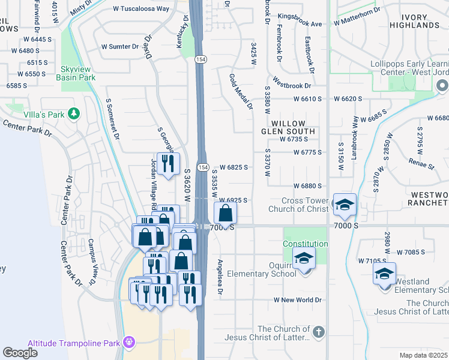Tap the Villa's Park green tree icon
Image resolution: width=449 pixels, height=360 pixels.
click(x=74, y=113)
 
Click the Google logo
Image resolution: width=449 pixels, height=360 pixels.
click(x=20, y=353)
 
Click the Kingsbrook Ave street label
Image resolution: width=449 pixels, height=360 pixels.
click(x=300, y=24)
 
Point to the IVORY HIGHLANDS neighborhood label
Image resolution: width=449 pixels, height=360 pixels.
click(x=423, y=20)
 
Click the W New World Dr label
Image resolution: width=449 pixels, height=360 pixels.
click(x=298, y=299)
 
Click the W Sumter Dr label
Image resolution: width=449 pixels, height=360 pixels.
click(x=119, y=46)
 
